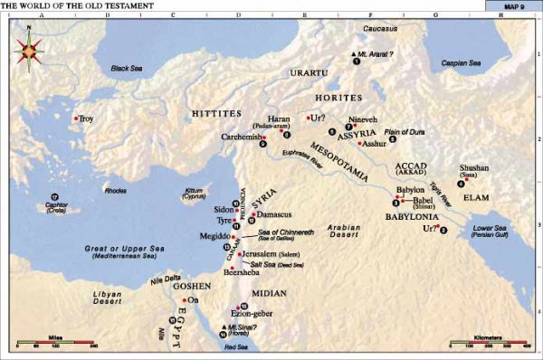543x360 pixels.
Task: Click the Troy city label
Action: click(86, 118)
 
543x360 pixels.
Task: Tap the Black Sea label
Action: click(127, 68)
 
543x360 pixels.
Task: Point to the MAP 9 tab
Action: click(513, 5)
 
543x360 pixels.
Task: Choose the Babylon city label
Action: click(410, 189)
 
